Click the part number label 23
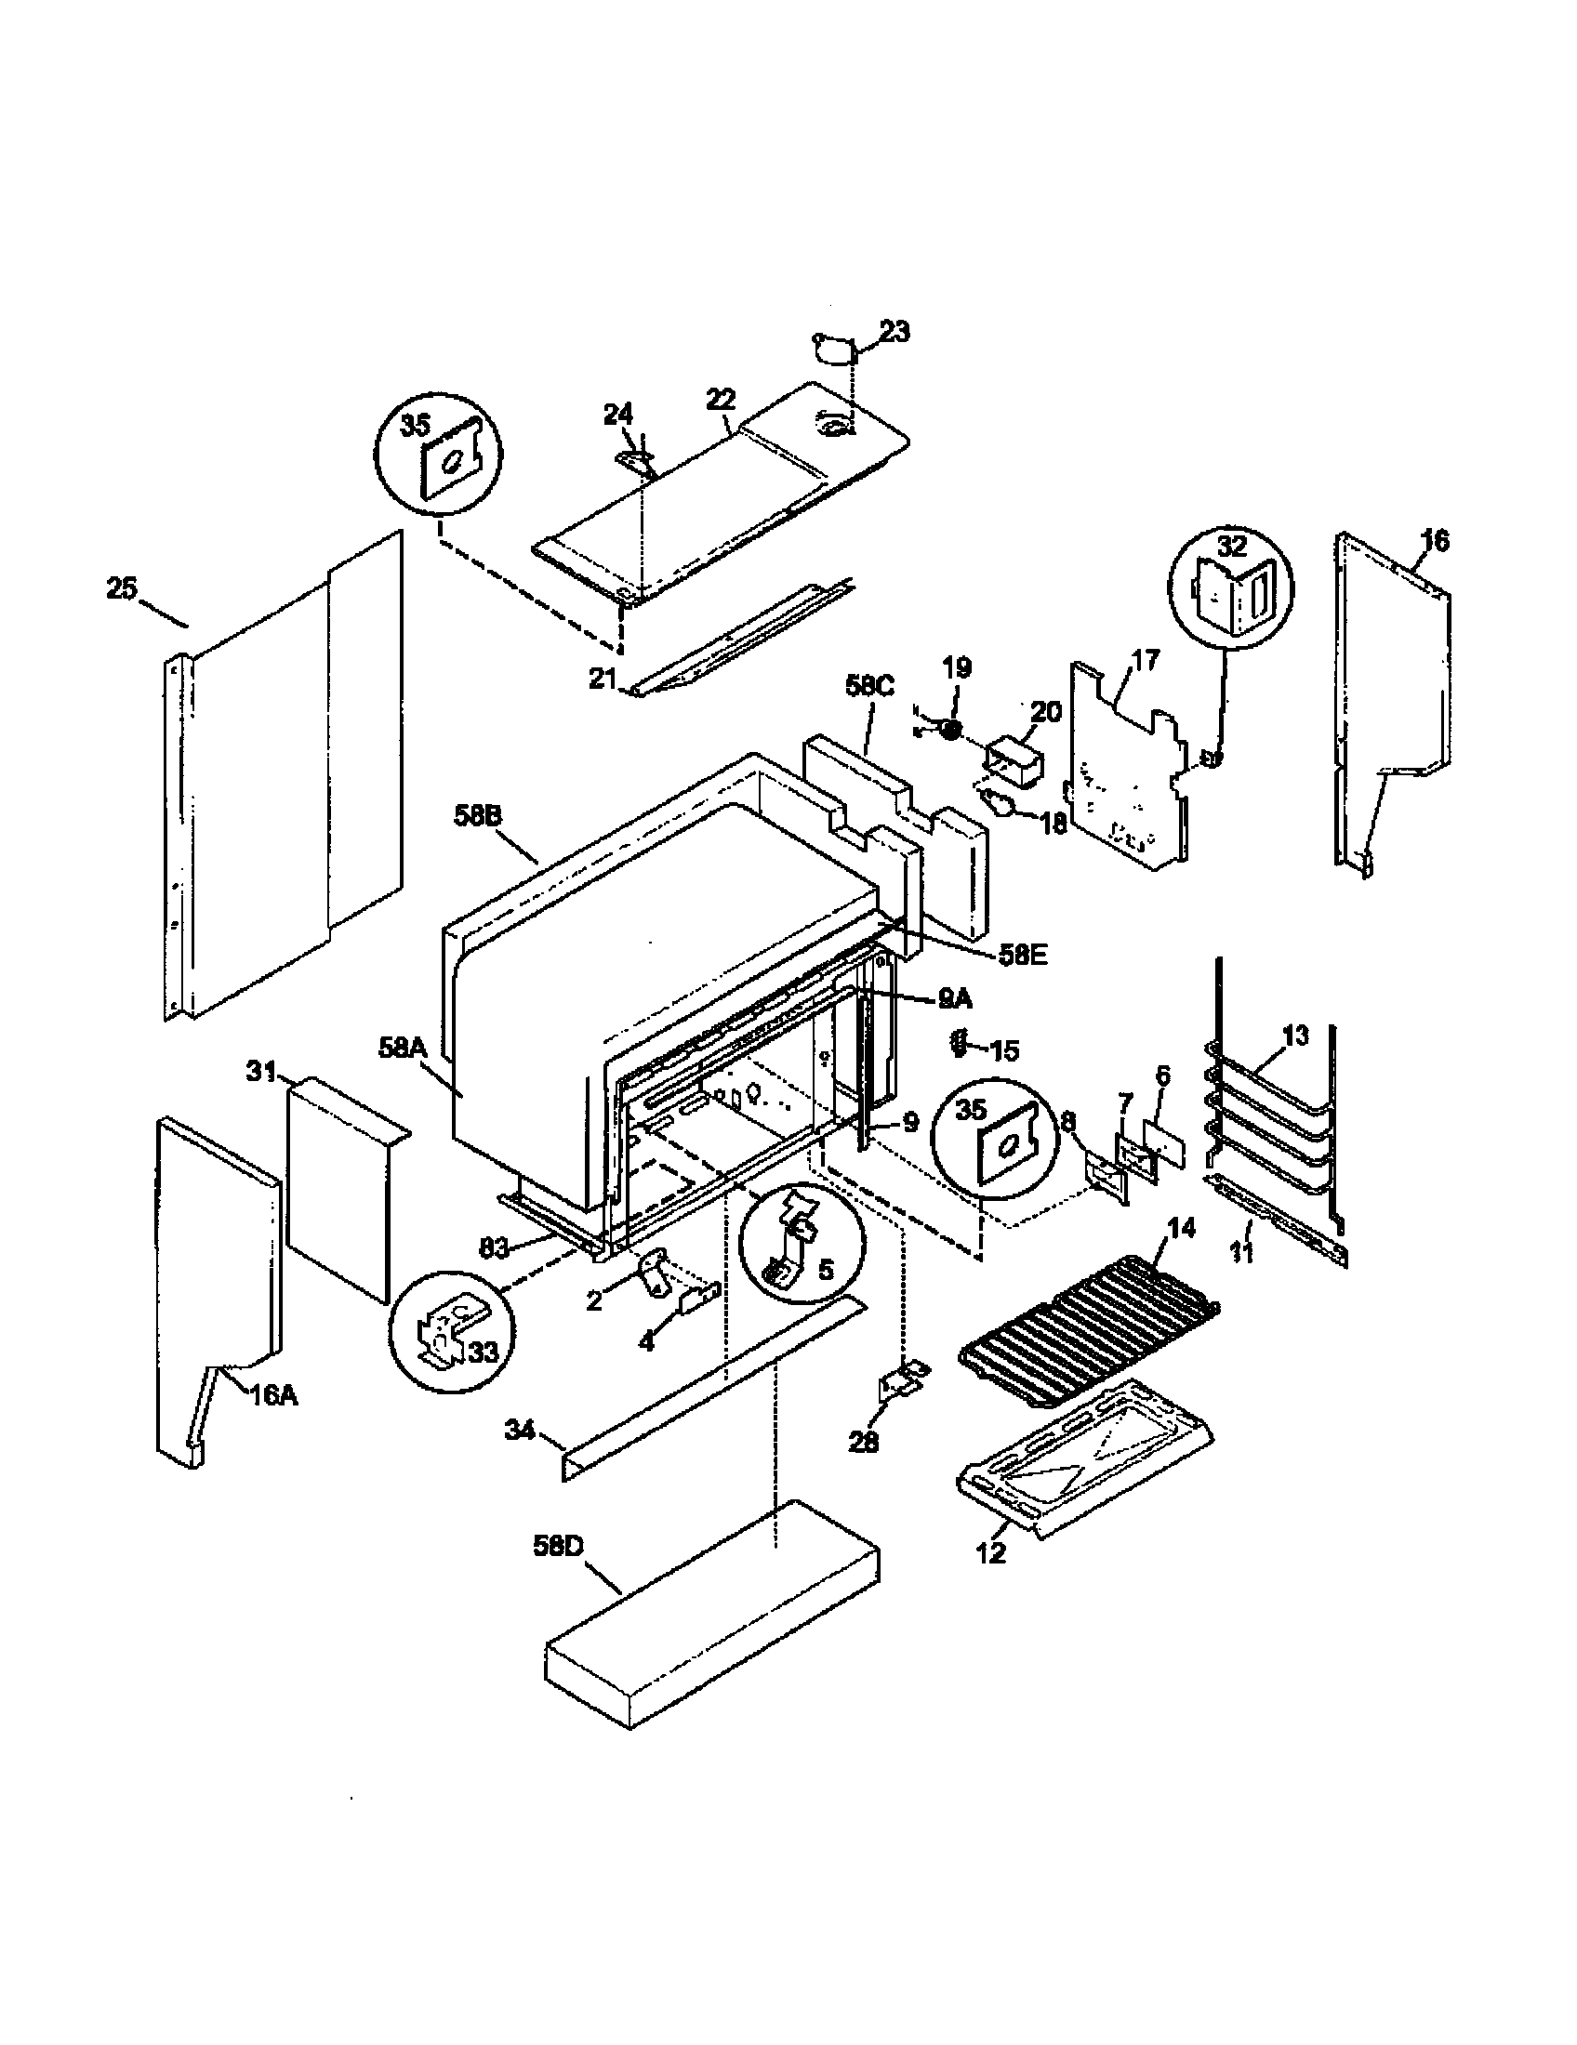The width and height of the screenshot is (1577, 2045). point(895,333)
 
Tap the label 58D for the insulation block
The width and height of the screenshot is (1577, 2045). point(558,1546)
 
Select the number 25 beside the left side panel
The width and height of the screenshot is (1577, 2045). point(121,590)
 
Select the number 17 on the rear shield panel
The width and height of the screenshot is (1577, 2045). point(1145,660)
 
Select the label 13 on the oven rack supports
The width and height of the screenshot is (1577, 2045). point(1295,1036)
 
